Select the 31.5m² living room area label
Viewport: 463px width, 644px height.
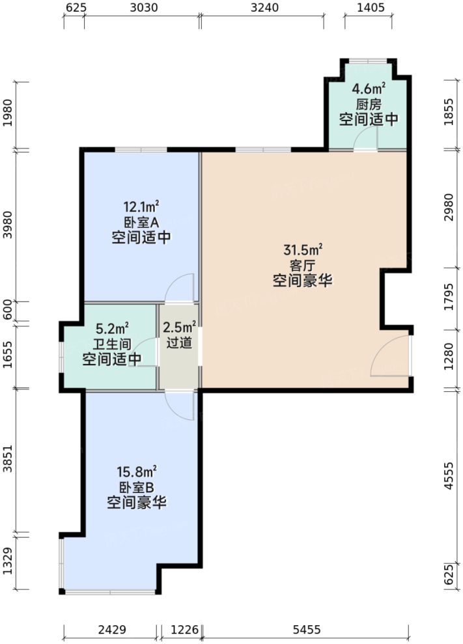[303, 249]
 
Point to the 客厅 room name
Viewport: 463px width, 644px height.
[303, 265]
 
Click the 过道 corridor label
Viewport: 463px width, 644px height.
[180, 343]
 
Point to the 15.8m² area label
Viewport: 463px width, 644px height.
[137, 471]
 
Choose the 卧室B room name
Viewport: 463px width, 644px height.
[137, 487]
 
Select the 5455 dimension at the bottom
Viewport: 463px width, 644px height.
[306, 630]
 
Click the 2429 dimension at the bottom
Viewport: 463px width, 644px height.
[111, 630]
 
